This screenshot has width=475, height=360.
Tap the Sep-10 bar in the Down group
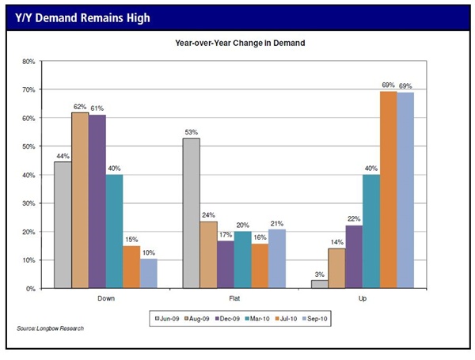pyautogui.click(x=149, y=274)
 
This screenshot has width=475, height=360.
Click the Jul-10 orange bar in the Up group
pyautogui.click(x=388, y=190)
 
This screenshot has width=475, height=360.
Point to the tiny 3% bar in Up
pyautogui.click(x=319, y=284)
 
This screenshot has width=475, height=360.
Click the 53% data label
pyautogui.click(x=191, y=131)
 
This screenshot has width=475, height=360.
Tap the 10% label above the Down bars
pyautogui.click(x=149, y=252)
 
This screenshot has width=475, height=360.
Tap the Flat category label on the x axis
pyautogui.click(x=234, y=299)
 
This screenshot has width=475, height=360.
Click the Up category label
pyautogui.click(x=363, y=299)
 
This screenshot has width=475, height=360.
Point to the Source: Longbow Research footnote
pyautogui.click(x=48, y=328)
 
